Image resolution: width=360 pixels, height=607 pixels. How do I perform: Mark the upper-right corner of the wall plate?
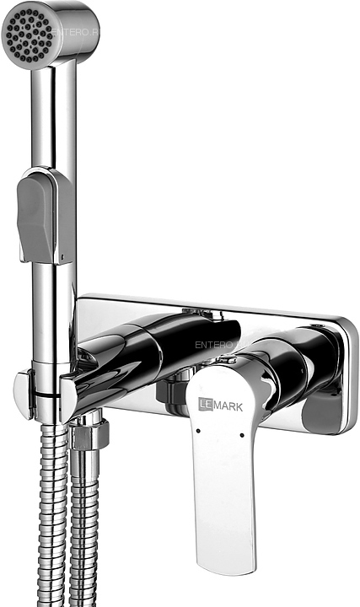coord(347,325)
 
